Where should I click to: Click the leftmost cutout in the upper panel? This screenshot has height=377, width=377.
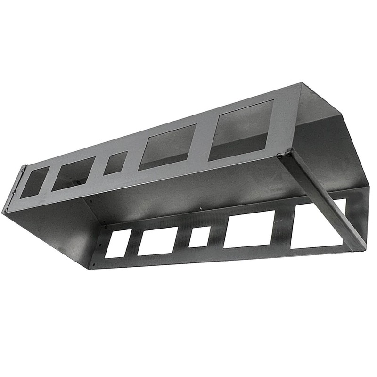point(34,181)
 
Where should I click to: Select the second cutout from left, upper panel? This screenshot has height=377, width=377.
point(73,173)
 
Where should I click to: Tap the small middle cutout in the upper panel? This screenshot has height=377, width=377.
point(115,163)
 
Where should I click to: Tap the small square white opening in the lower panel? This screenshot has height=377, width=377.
point(200,237)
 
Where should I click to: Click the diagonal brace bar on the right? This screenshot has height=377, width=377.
point(325,200)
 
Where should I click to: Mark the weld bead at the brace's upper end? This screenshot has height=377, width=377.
point(284,154)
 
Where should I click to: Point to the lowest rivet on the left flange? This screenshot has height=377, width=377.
point(5,210)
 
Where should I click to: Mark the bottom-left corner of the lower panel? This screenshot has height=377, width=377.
point(90,267)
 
